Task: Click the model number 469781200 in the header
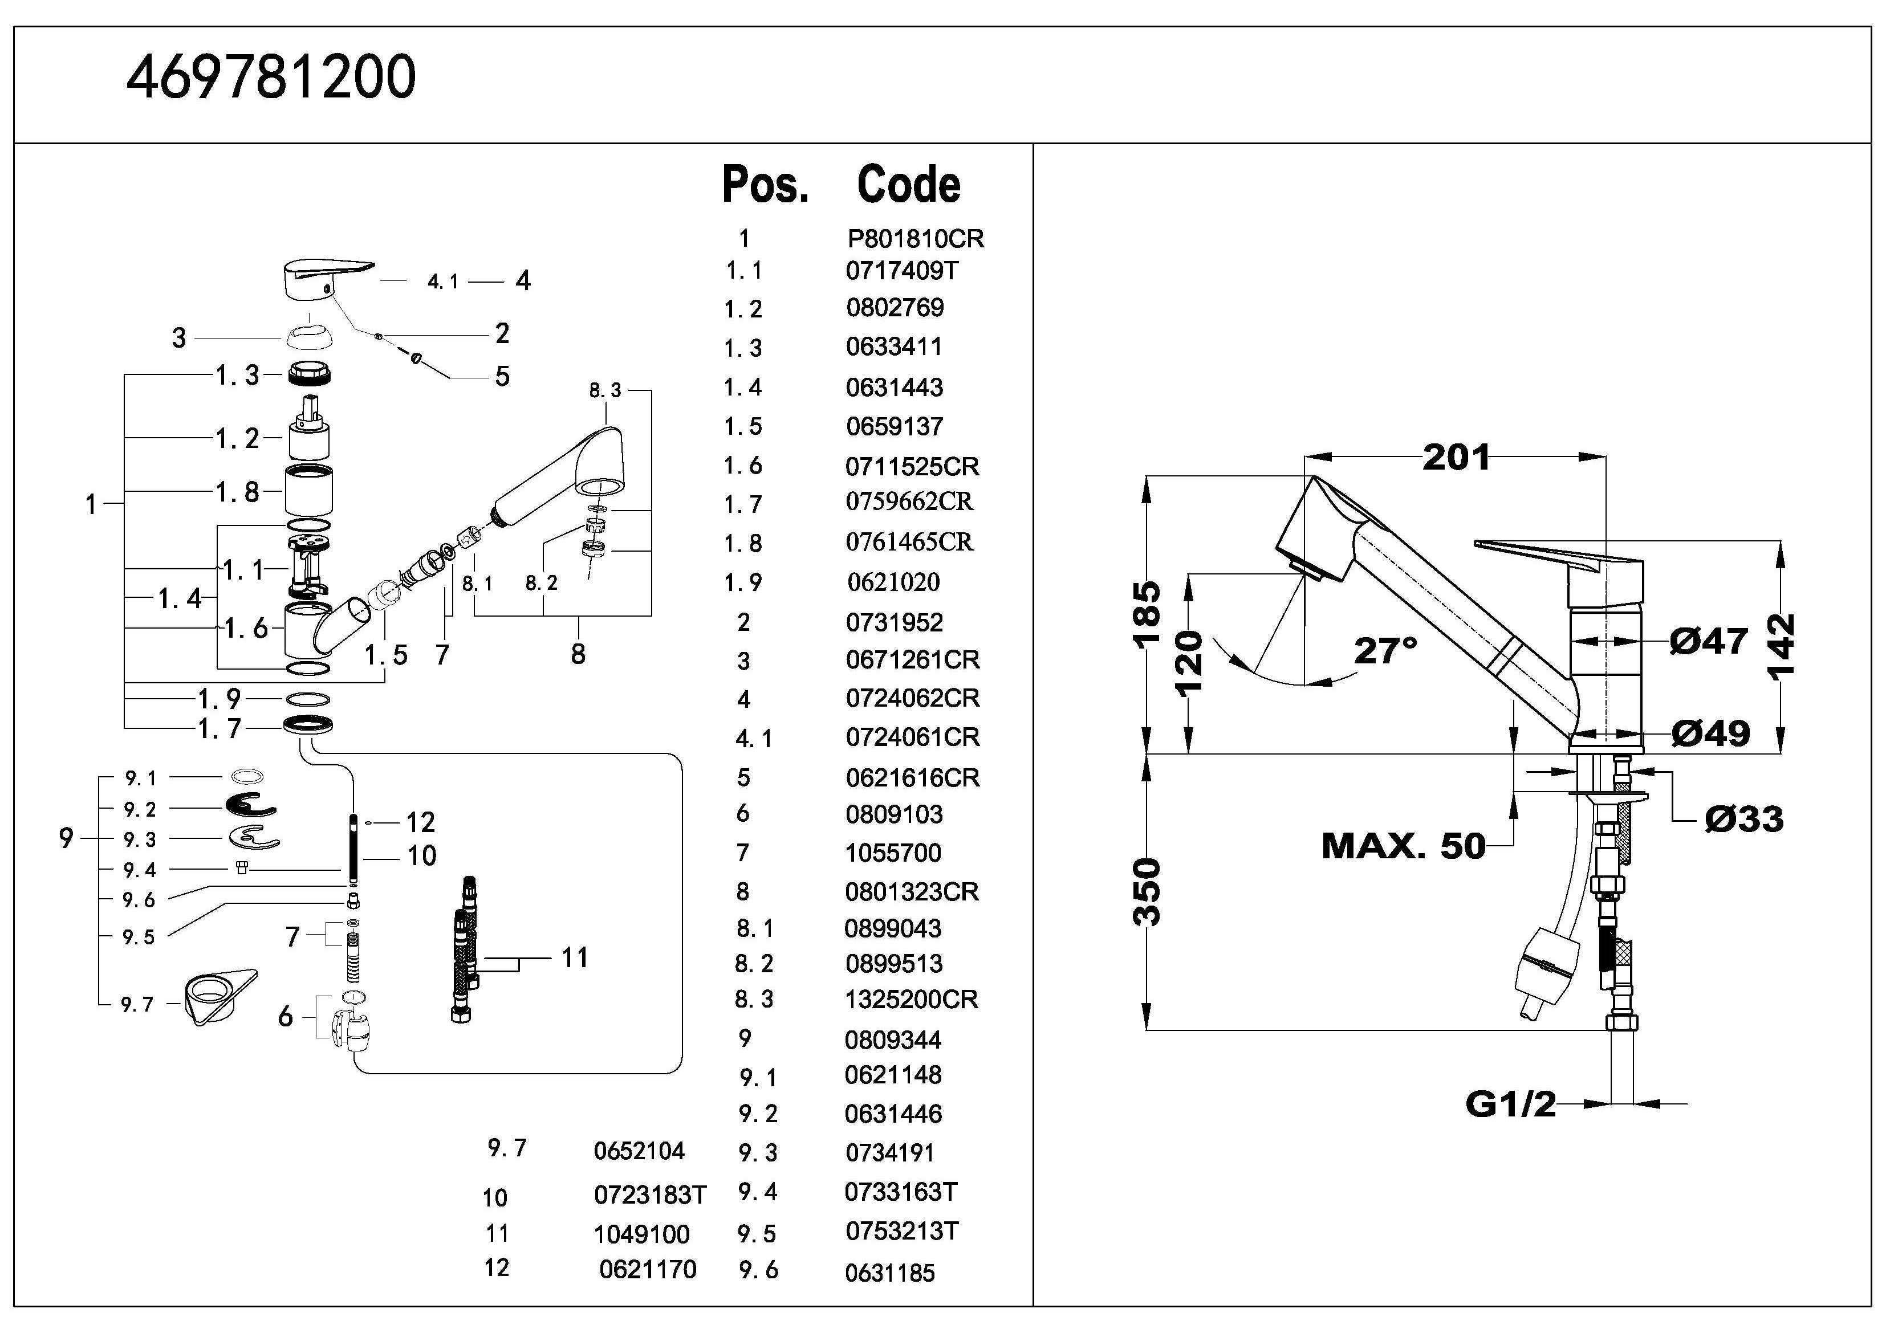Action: (x=271, y=78)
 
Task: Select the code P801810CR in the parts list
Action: (x=915, y=239)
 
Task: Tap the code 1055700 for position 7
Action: (x=893, y=853)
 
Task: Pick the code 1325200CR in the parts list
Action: (x=911, y=1000)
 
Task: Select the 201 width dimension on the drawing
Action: (x=1456, y=458)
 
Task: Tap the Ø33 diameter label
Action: (x=1743, y=819)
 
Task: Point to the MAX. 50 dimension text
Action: (x=1403, y=846)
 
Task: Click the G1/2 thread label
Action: (x=1510, y=1104)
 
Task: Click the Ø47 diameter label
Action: (x=1709, y=642)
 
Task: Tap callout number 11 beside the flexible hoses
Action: (x=574, y=957)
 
